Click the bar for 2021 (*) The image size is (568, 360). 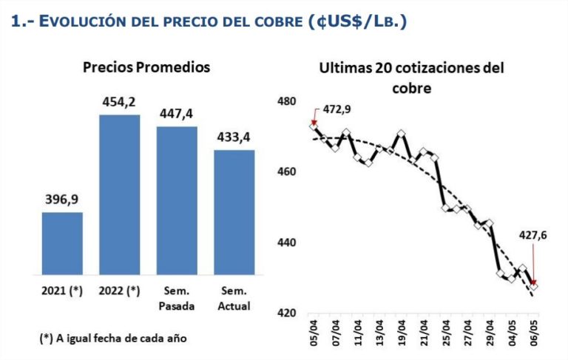[x=61, y=242]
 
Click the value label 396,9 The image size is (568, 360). [x=61, y=200]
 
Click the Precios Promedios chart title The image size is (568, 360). [x=146, y=67]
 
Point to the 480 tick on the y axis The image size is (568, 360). [x=286, y=101]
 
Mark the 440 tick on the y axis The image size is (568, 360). [x=286, y=242]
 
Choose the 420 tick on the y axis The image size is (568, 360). [x=286, y=313]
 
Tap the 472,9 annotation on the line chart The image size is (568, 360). [x=337, y=109]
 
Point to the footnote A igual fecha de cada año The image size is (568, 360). [x=113, y=338]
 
